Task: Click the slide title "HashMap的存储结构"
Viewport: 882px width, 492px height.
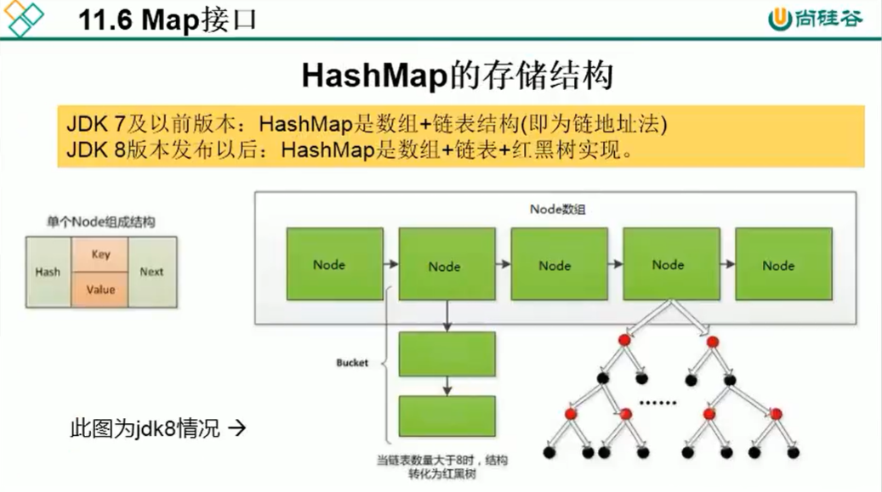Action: (458, 76)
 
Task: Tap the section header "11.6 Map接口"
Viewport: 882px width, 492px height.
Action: (168, 19)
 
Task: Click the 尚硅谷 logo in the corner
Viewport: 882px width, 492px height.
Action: (816, 19)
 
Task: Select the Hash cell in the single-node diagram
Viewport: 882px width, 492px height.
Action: (48, 272)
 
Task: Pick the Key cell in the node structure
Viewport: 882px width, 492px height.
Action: (100, 254)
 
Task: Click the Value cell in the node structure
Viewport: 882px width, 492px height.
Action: (100, 290)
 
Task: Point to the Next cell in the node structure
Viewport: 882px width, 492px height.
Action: (151, 272)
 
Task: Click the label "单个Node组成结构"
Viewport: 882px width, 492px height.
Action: (100, 223)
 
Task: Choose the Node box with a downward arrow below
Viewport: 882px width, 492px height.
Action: (447, 264)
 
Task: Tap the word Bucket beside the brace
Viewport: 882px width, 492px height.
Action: (352, 363)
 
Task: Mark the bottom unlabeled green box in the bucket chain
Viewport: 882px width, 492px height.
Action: (447, 417)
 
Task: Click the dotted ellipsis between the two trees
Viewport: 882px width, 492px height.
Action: (657, 400)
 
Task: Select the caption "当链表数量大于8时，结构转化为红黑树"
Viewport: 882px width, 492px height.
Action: (443, 467)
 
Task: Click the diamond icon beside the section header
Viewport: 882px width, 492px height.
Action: (25, 18)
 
